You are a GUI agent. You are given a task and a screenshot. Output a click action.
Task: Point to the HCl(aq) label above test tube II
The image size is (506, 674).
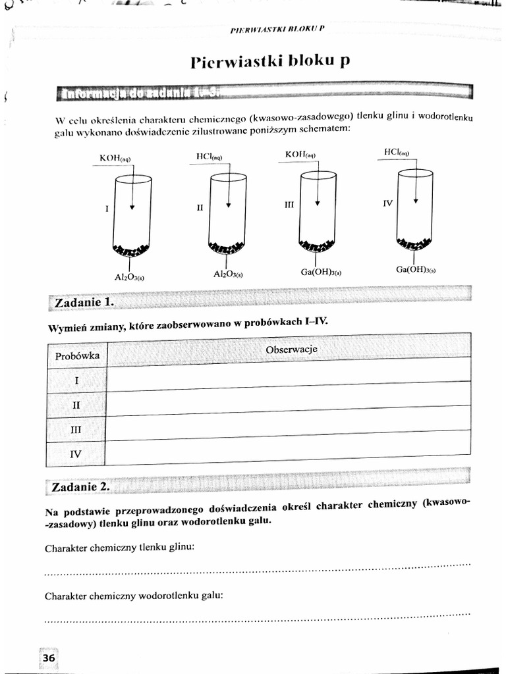[x=210, y=157]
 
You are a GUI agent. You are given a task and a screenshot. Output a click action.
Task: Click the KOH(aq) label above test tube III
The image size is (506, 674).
[x=300, y=155]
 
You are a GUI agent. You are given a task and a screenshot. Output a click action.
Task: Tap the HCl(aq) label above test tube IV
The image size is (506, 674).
[x=397, y=152]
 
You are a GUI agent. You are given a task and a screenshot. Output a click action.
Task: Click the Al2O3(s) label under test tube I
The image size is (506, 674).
[x=130, y=277]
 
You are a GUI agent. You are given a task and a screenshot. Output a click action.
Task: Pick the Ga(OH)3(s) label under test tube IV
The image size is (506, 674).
[x=416, y=269]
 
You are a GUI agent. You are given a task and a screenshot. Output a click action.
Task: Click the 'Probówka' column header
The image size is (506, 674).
[x=77, y=355]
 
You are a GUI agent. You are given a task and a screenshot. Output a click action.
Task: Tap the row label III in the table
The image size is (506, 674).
[x=76, y=429]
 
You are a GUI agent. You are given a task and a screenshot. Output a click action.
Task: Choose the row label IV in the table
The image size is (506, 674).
[x=75, y=454]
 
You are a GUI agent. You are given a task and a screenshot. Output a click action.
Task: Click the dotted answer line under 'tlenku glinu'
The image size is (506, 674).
[x=257, y=569]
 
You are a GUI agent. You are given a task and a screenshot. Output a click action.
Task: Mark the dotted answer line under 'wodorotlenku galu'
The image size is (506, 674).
[x=257, y=617]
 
